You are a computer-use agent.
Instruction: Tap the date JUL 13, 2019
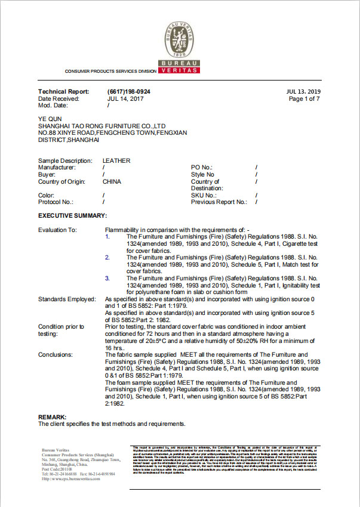coord(304,91)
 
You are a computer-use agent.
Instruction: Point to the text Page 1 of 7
coord(304,98)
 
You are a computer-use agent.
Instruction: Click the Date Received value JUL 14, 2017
coord(125,98)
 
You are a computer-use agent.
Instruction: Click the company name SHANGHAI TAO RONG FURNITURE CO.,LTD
coord(101,126)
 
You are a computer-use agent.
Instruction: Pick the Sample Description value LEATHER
coord(116,161)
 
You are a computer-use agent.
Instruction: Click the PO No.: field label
coord(202,168)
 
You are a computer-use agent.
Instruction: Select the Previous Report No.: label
coord(219,202)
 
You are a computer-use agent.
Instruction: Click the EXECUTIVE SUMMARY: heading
coord(73,215)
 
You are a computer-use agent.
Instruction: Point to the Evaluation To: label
coord(58,230)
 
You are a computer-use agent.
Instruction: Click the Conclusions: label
coord(56,354)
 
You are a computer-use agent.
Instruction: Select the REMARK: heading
coord(53,416)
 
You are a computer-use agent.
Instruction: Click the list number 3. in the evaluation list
coord(107,278)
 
